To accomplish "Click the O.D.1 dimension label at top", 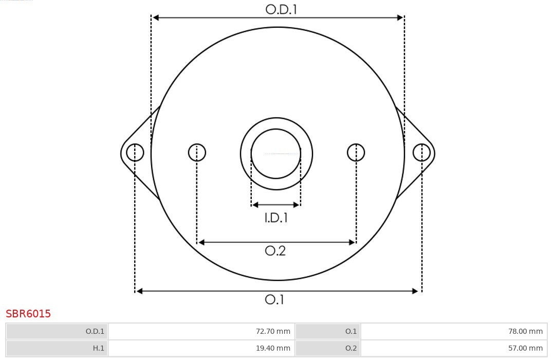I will pos(281,9).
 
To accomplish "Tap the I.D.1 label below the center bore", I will pos(276,218).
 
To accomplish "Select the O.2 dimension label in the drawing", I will pos(275,251).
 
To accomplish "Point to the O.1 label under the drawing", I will pos(274,299).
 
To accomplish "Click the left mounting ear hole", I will pos(135,153).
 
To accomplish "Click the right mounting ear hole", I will pos(421,153).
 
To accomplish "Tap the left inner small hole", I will pos(197,153).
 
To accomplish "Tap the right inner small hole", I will pos(356,153).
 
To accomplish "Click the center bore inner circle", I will pos(276,154).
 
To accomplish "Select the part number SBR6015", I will pos(28,314).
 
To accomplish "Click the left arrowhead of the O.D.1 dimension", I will pos(156,17).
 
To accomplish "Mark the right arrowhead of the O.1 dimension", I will pos(416,291).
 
